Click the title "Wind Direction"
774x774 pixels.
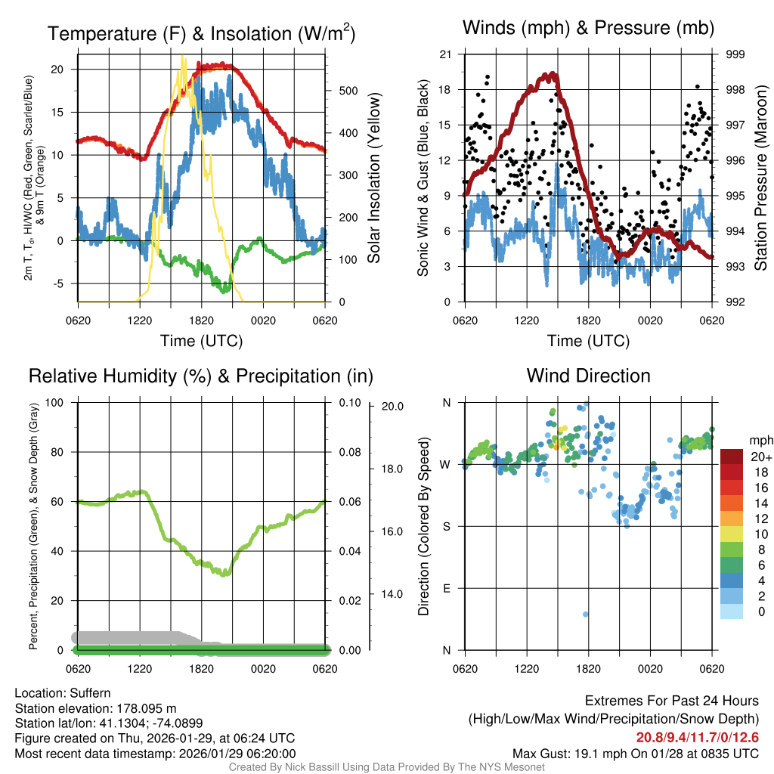pyautogui.click(x=588, y=376)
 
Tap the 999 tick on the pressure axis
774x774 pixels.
pyautogui.click(x=735, y=54)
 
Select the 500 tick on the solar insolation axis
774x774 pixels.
pyautogui.click(x=347, y=91)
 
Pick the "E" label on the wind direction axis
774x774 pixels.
pyautogui.click(x=445, y=588)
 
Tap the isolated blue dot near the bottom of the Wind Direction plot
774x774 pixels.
pyautogui.click(x=585, y=614)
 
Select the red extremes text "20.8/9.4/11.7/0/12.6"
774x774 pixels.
pyautogui.click(x=697, y=738)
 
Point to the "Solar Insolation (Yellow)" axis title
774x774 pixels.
pyautogui.click(x=373, y=178)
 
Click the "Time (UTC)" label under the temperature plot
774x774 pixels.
pyautogui.click(x=201, y=341)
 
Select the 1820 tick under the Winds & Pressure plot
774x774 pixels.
pyautogui.click(x=588, y=320)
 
